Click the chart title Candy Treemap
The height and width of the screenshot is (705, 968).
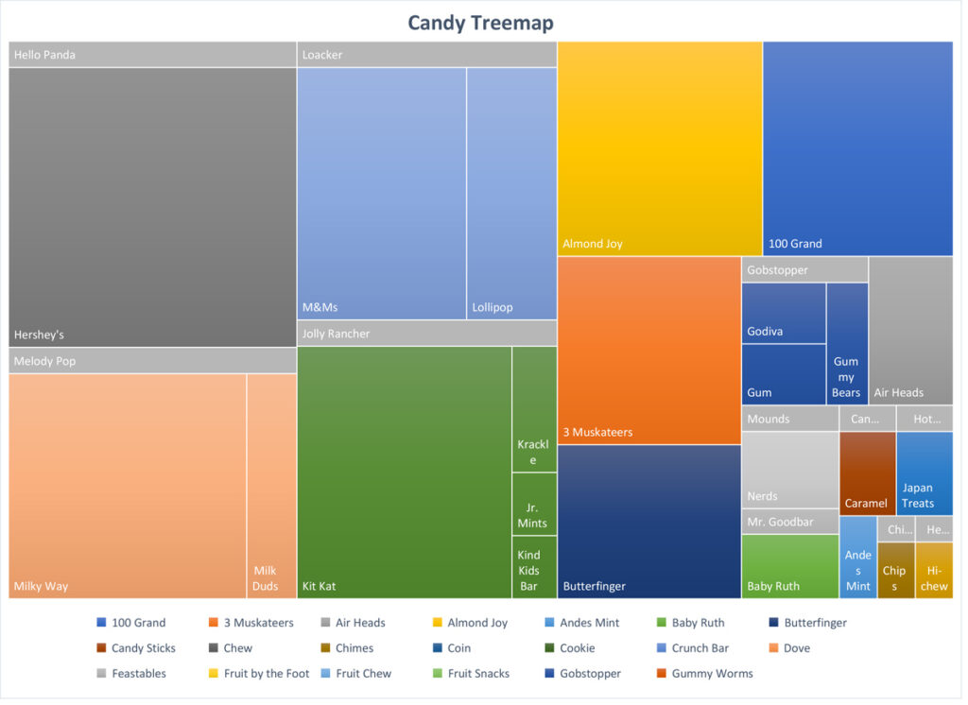click(x=480, y=23)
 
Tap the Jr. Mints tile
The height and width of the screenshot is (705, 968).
click(x=534, y=504)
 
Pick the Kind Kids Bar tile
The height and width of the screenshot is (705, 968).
click(x=534, y=567)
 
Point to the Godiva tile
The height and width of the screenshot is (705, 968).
click(x=783, y=313)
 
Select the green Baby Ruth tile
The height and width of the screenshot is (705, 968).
click(x=789, y=566)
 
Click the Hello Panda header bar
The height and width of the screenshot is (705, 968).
click(x=152, y=55)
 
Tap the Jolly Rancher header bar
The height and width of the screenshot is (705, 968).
click(x=426, y=334)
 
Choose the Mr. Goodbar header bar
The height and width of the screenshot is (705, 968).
click(x=789, y=522)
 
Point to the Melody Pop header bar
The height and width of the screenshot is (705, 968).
click(x=152, y=361)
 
